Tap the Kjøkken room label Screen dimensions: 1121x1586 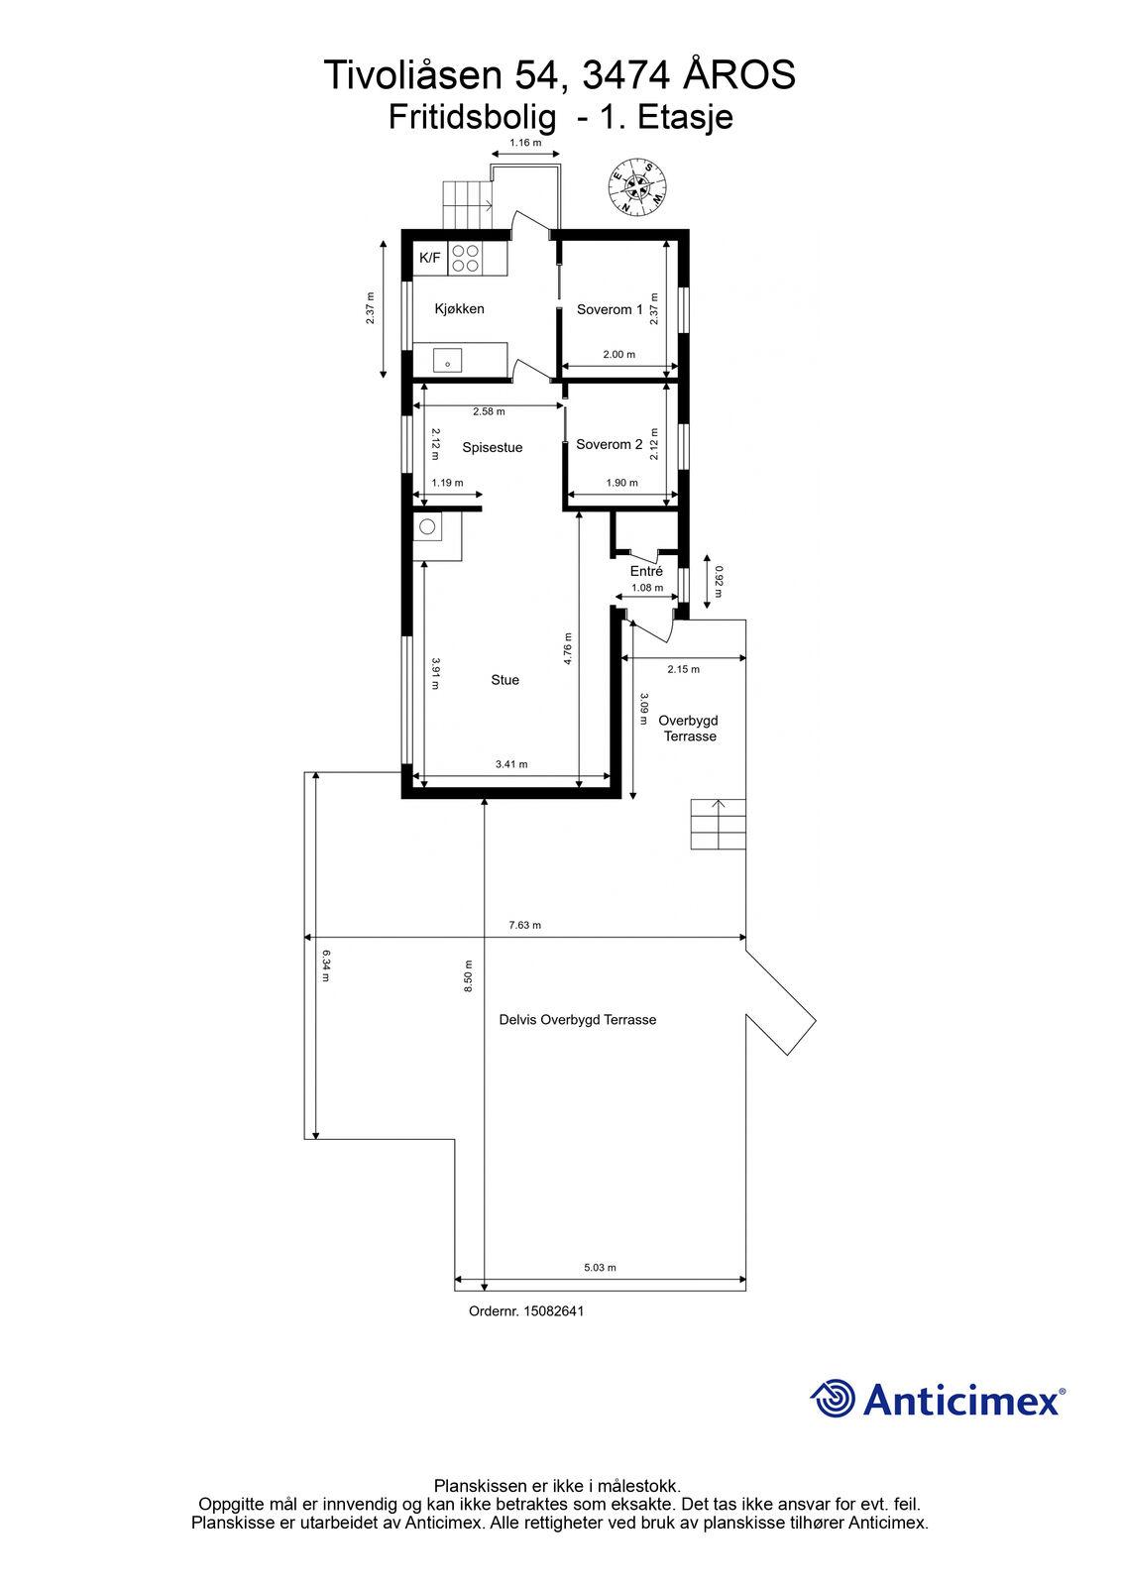pos(459,308)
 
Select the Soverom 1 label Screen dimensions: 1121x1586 pos(610,309)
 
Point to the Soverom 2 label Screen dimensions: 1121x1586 pos(609,445)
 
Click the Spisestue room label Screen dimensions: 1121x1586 pos(493,447)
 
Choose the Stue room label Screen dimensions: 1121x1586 pos(504,680)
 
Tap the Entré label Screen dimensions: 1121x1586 pos(646,571)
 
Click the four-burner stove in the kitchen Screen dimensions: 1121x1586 pos(465,258)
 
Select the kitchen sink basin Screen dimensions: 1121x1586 pos(448,361)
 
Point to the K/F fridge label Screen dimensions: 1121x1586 pos(430,258)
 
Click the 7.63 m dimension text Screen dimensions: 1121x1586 pos(524,925)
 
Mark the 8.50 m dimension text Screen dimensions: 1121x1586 pos(468,975)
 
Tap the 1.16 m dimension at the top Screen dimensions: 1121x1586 pos(525,143)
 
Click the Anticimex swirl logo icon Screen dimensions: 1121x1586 pos(832,1399)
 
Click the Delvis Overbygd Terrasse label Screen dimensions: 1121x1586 pos(578,1020)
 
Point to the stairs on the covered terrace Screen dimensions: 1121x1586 pos(718,824)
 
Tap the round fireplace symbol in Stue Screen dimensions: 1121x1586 pos(427,526)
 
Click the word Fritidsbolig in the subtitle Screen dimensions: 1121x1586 pos(472,118)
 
